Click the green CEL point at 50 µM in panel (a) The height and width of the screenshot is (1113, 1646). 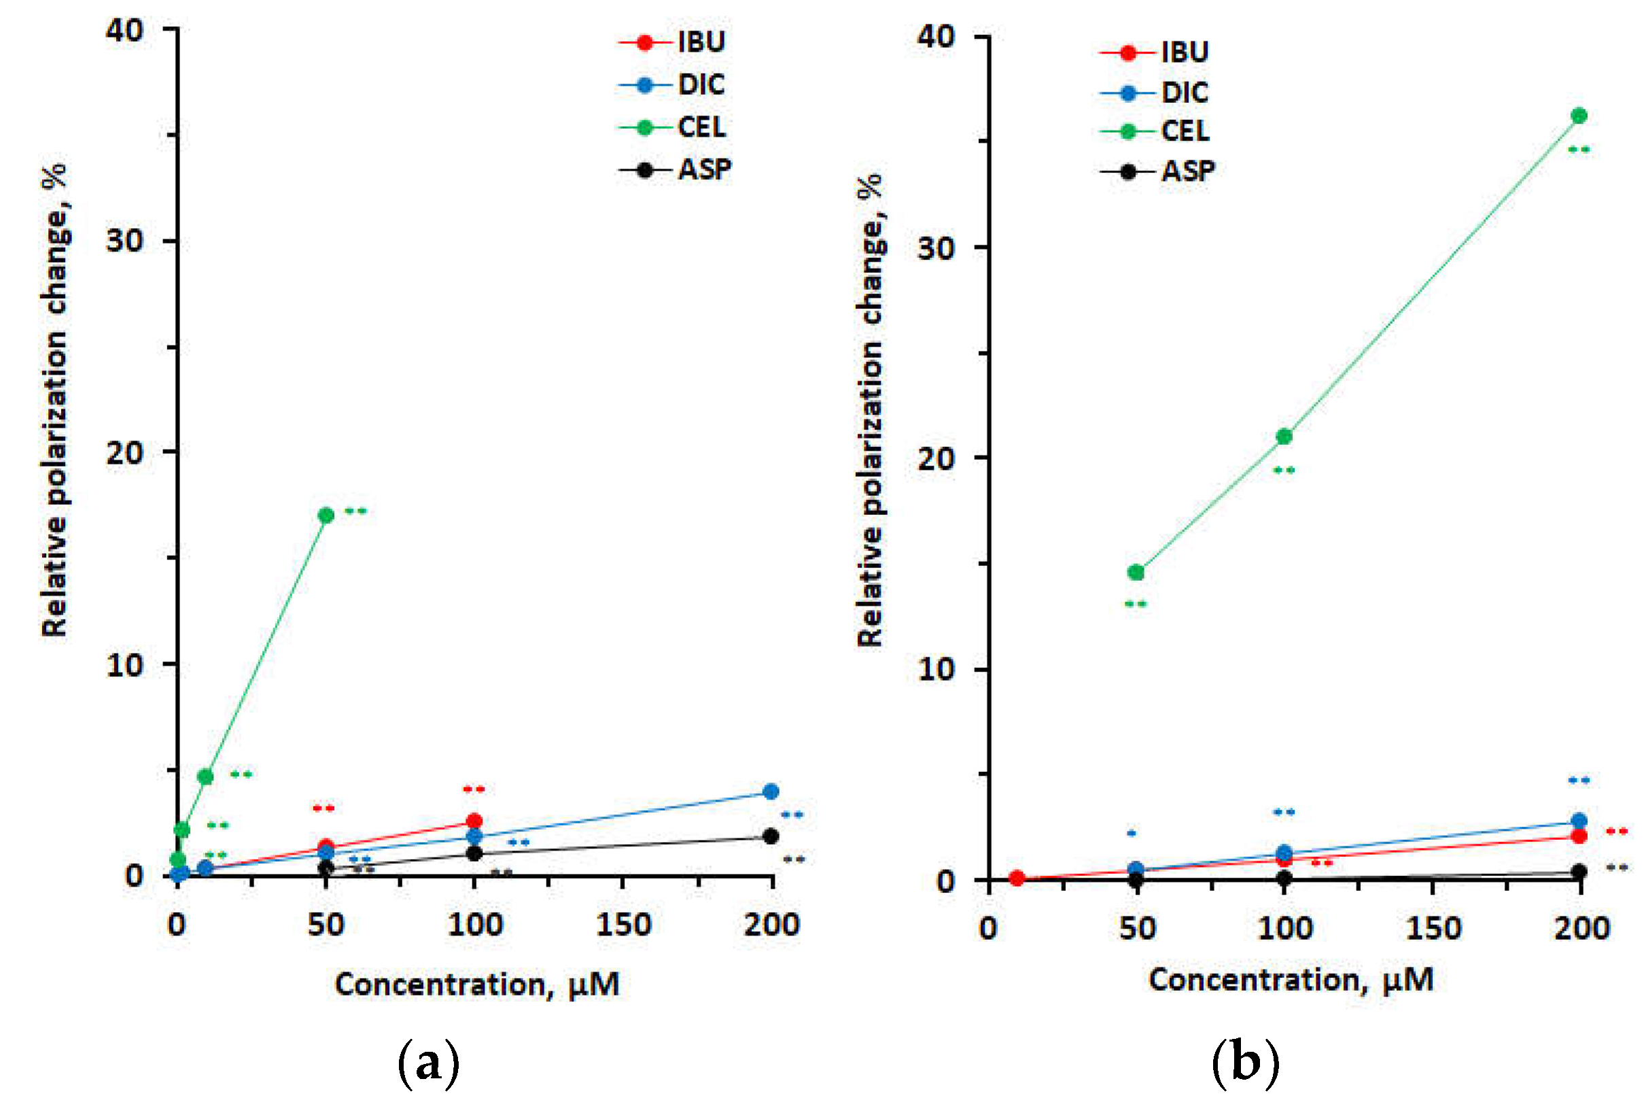click(326, 515)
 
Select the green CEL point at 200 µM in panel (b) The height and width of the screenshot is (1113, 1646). click(1579, 116)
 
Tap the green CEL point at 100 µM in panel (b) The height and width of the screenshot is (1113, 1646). click(1284, 436)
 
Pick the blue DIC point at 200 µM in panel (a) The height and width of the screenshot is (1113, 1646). click(771, 791)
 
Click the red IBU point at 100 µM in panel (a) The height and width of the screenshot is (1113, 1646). click(474, 821)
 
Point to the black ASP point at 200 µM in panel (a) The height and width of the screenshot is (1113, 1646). click(771, 836)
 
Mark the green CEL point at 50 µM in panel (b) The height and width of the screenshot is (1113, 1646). click(1136, 572)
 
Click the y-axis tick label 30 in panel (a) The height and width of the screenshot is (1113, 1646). click(124, 241)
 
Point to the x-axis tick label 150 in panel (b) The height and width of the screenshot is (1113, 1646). click(1433, 928)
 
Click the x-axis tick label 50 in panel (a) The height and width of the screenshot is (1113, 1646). click(326, 925)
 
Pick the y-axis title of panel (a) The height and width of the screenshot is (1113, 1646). click(54, 400)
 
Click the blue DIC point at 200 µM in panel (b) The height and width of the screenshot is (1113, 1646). click(1579, 821)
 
